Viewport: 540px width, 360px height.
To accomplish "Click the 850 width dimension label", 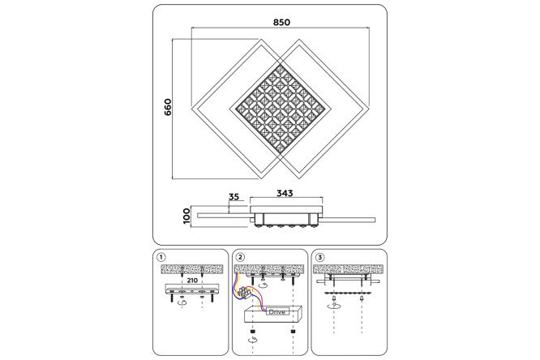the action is [281, 23].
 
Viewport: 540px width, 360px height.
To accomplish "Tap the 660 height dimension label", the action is [167, 107].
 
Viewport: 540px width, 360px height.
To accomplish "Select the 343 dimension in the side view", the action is [285, 193].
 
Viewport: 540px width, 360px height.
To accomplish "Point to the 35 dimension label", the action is [234, 197].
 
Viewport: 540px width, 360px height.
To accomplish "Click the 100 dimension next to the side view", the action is [186, 216].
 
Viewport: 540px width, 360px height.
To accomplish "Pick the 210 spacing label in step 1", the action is [192, 281].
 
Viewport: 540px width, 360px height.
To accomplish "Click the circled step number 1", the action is [161, 257].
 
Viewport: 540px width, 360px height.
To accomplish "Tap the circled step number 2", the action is [240, 257].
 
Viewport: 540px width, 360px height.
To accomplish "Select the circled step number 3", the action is [320, 257].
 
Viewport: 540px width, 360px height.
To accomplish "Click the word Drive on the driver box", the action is [276, 312].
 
